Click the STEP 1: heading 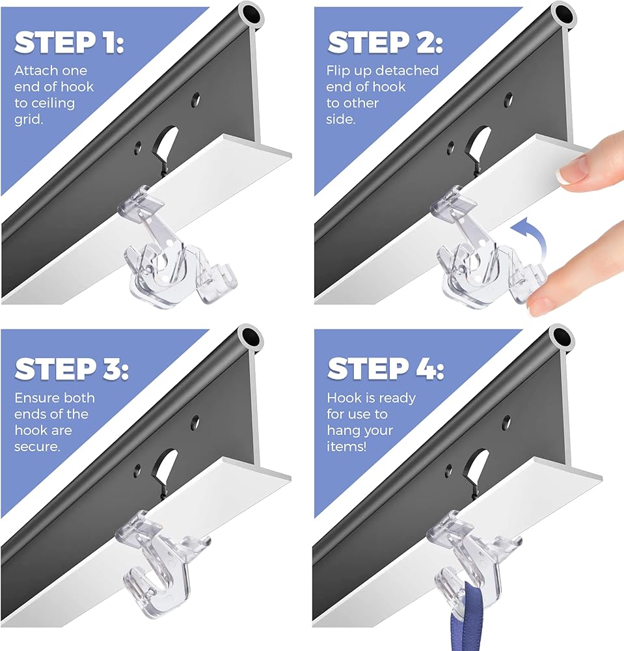69,42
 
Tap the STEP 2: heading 385,42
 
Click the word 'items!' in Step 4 346,447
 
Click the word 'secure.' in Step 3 37,447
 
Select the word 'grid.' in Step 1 28,120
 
